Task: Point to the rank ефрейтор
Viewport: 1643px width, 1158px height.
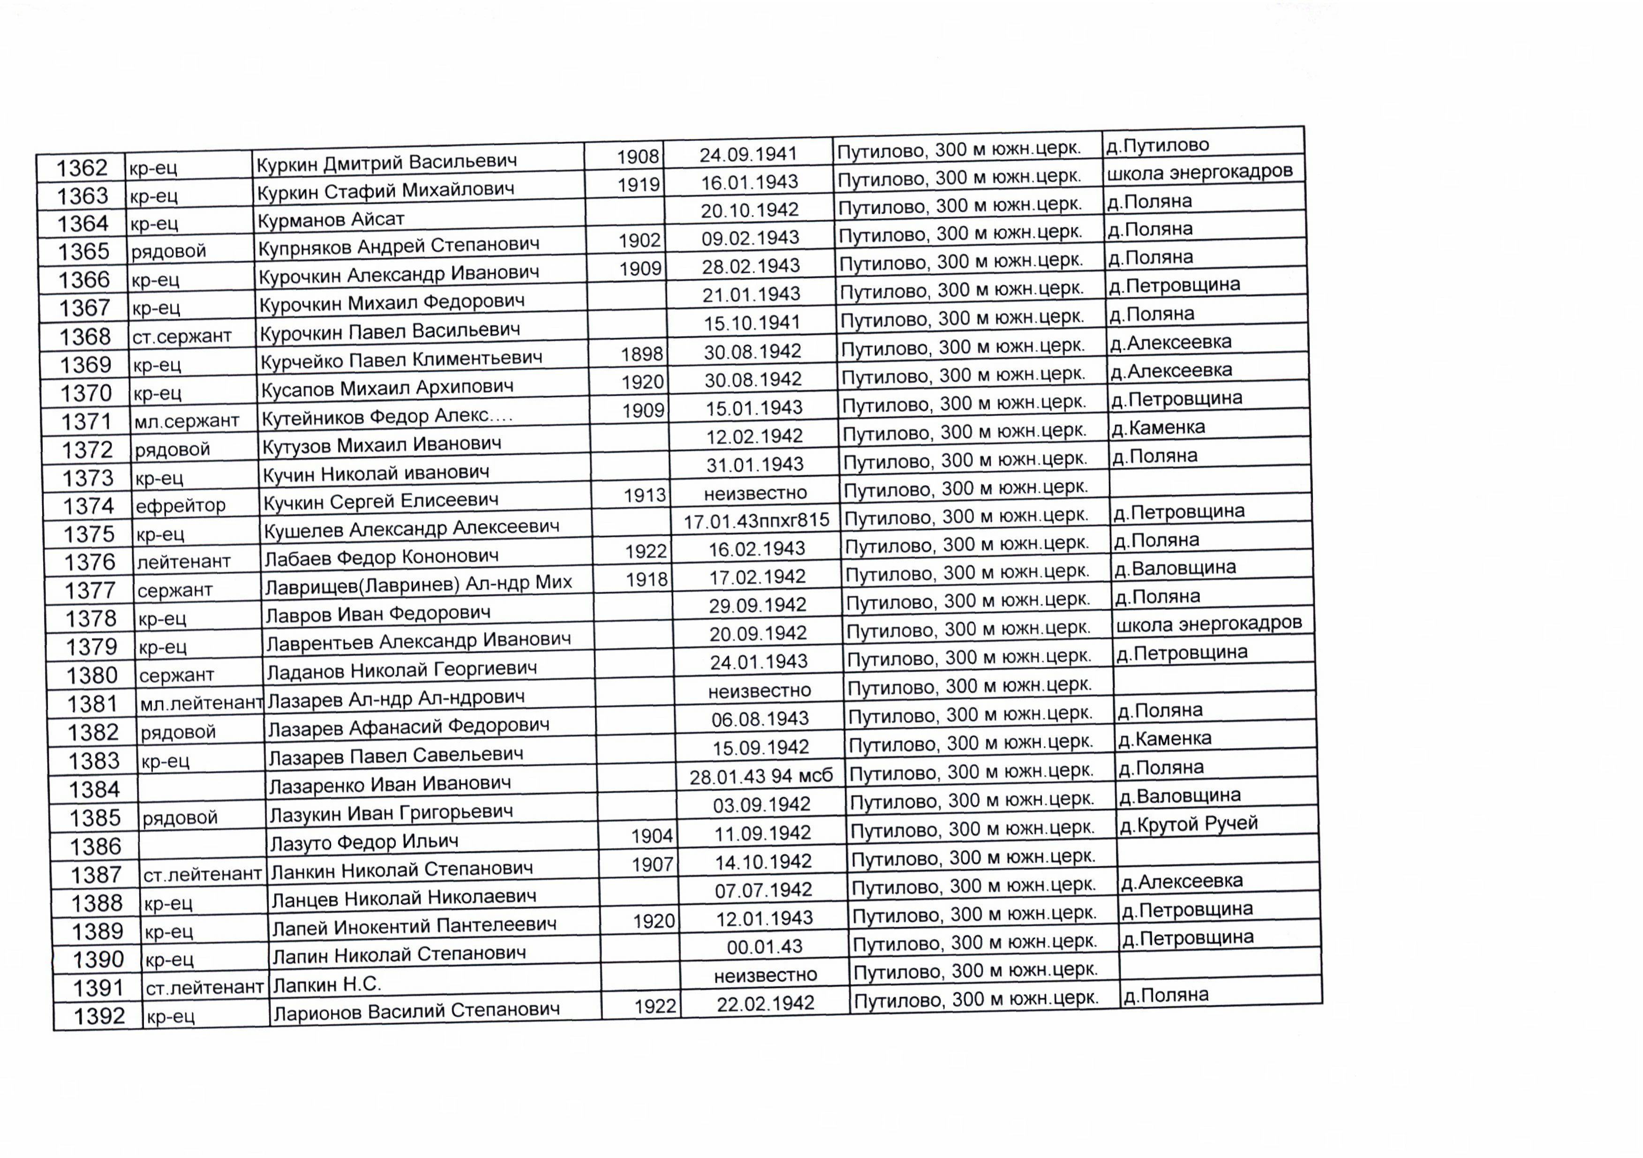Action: point(181,506)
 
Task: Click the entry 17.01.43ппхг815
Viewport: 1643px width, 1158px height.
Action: point(756,520)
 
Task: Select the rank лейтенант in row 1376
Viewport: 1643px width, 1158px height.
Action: point(184,562)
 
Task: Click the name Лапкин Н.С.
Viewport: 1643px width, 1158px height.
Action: point(327,985)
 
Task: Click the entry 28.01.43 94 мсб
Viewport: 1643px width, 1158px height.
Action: point(761,776)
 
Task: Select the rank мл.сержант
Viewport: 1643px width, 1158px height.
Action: point(186,421)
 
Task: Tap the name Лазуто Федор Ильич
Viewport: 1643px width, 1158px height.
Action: point(364,842)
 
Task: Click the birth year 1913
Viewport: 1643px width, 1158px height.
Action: point(645,495)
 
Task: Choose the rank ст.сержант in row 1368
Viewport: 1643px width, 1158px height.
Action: point(182,336)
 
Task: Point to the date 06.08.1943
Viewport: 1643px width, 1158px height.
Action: point(760,719)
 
